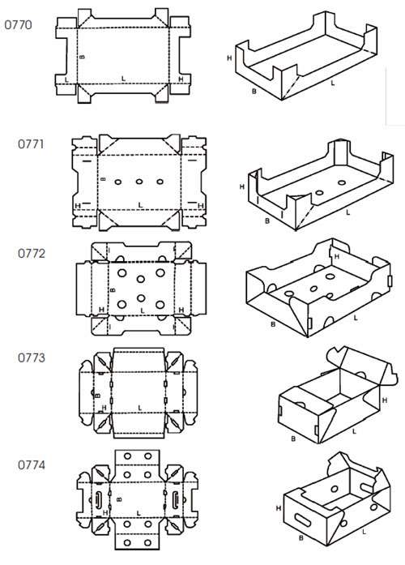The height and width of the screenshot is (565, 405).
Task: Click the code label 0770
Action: pyautogui.click(x=18, y=25)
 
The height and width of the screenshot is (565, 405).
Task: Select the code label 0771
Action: pyautogui.click(x=31, y=144)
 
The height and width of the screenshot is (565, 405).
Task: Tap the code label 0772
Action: pyautogui.click(x=32, y=253)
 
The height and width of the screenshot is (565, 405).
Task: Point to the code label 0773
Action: pyautogui.click(x=32, y=357)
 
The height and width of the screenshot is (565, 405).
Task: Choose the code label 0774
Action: pyautogui.click(x=32, y=464)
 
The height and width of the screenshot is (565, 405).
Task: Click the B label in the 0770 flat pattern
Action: pyautogui.click(x=82, y=57)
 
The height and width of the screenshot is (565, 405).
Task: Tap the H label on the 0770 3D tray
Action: pyautogui.click(x=229, y=58)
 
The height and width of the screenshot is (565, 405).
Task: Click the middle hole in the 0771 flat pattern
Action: pyautogui.click(x=139, y=182)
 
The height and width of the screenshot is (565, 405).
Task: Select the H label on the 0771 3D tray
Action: pyautogui.click(x=242, y=186)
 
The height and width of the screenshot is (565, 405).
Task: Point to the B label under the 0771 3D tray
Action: pyautogui.click(x=267, y=220)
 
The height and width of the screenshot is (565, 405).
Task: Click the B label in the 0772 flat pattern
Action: pyautogui.click(x=113, y=289)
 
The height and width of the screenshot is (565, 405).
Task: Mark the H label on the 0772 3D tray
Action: pyautogui.click(x=337, y=257)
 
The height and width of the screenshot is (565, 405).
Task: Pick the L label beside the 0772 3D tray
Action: pyautogui.click(x=356, y=318)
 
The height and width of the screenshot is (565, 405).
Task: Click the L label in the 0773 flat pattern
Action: pyautogui.click(x=139, y=408)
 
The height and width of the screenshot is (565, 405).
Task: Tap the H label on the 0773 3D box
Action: pyautogui.click(x=385, y=400)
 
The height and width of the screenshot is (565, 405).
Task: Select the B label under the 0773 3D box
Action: pyautogui.click(x=293, y=439)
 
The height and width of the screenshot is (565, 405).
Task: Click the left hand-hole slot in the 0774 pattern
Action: pyautogui.click(x=99, y=500)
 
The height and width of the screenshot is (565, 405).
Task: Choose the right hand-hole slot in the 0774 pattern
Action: pyautogui.click(x=175, y=499)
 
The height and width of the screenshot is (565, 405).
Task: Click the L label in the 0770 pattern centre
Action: pyautogui.click(x=123, y=78)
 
